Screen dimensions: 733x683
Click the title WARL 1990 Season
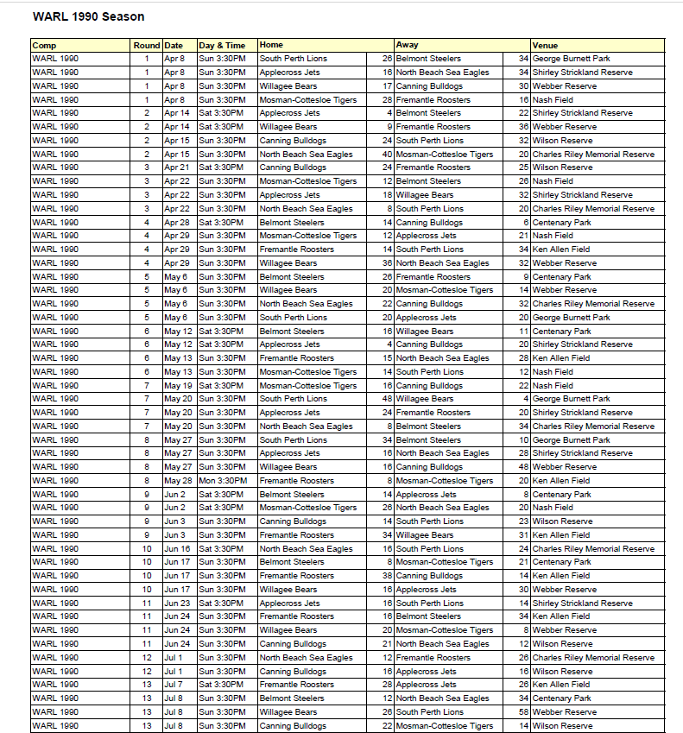tap(88, 16)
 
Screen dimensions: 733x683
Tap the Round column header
tap(146, 45)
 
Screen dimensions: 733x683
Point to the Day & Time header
tap(222, 45)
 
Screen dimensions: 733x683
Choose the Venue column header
tap(545, 45)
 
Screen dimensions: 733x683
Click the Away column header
tap(408, 45)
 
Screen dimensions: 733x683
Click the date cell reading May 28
tap(178, 480)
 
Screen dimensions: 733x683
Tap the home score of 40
tap(387, 154)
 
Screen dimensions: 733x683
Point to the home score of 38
tap(387, 575)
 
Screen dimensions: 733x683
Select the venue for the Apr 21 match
tap(562, 167)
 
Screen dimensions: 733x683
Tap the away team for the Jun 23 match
tap(429, 603)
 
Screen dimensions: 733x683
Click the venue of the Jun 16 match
tap(593, 548)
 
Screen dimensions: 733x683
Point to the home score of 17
tap(388, 85)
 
